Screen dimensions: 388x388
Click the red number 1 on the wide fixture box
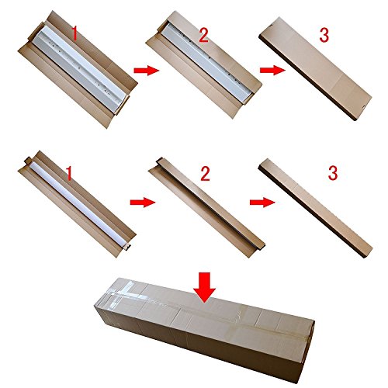[x=74, y=34]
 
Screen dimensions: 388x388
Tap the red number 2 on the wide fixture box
[x=203, y=35]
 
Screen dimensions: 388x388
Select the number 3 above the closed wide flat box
[x=324, y=35]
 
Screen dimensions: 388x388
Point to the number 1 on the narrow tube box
[x=69, y=173]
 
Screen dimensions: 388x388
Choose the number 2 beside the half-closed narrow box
[x=205, y=174]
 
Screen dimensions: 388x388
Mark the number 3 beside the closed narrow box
[x=333, y=173]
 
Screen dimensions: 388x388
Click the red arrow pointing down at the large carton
[x=204, y=287]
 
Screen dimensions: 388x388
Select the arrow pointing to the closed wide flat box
[x=273, y=70]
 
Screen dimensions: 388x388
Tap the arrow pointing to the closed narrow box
[x=262, y=202]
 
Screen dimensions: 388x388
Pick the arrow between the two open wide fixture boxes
[x=147, y=70]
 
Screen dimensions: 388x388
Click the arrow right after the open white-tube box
[x=143, y=202]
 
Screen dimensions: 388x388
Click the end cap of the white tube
[x=127, y=247]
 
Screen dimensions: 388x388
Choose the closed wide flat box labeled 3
[x=315, y=68]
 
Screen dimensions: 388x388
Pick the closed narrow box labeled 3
[x=315, y=208]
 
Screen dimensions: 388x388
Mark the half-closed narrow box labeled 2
[x=207, y=207]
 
